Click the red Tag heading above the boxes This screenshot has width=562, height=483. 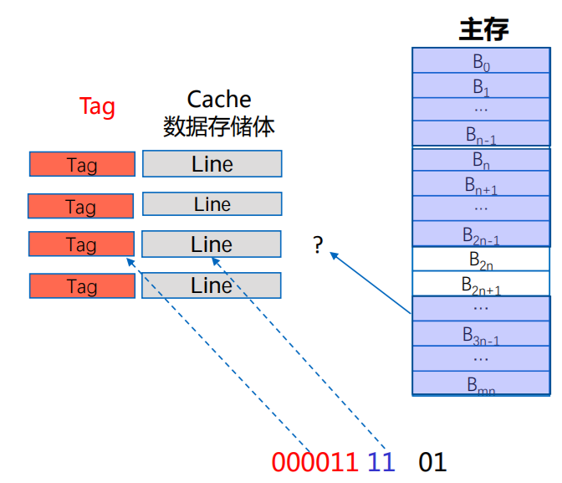[97, 107]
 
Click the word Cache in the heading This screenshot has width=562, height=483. [218, 100]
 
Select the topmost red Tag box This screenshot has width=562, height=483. [82, 164]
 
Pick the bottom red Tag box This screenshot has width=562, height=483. [82, 286]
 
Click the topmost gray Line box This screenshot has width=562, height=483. [212, 164]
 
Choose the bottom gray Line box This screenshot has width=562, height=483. [212, 285]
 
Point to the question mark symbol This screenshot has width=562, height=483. [318, 245]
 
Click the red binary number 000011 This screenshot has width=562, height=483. [314, 461]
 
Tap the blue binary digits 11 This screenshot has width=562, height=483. [381, 461]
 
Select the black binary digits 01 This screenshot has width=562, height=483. [432, 461]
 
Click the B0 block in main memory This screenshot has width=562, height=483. [481, 61]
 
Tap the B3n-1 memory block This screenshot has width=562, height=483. [481, 335]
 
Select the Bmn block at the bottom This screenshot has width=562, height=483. [481, 385]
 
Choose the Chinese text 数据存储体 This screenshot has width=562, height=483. [218, 126]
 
